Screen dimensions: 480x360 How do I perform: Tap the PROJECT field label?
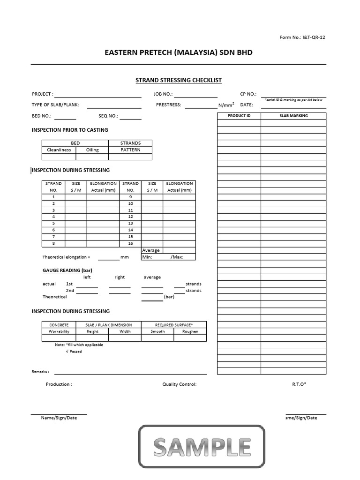(x=42, y=94)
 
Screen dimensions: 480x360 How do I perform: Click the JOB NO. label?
(x=163, y=94)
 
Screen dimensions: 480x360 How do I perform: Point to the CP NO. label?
(x=248, y=94)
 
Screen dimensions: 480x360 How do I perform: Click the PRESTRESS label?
(x=168, y=105)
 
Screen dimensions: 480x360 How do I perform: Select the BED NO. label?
(x=42, y=116)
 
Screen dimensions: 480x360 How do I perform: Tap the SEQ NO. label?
(x=108, y=116)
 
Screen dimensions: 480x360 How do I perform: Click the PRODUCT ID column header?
(x=239, y=116)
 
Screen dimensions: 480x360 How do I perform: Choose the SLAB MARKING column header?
(x=293, y=116)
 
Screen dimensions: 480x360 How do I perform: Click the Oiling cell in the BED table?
(x=92, y=150)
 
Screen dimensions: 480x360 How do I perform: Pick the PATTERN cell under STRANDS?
(x=130, y=150)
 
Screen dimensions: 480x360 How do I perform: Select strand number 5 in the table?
(x=53, y=224)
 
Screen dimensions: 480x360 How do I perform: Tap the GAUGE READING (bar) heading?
(x=67, y=270)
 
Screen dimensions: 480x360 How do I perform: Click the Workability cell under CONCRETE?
(x=59, y=331)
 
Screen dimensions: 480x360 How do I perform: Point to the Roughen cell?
(x=190, y=331)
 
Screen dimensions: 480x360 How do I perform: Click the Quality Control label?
(x=179, y=384)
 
